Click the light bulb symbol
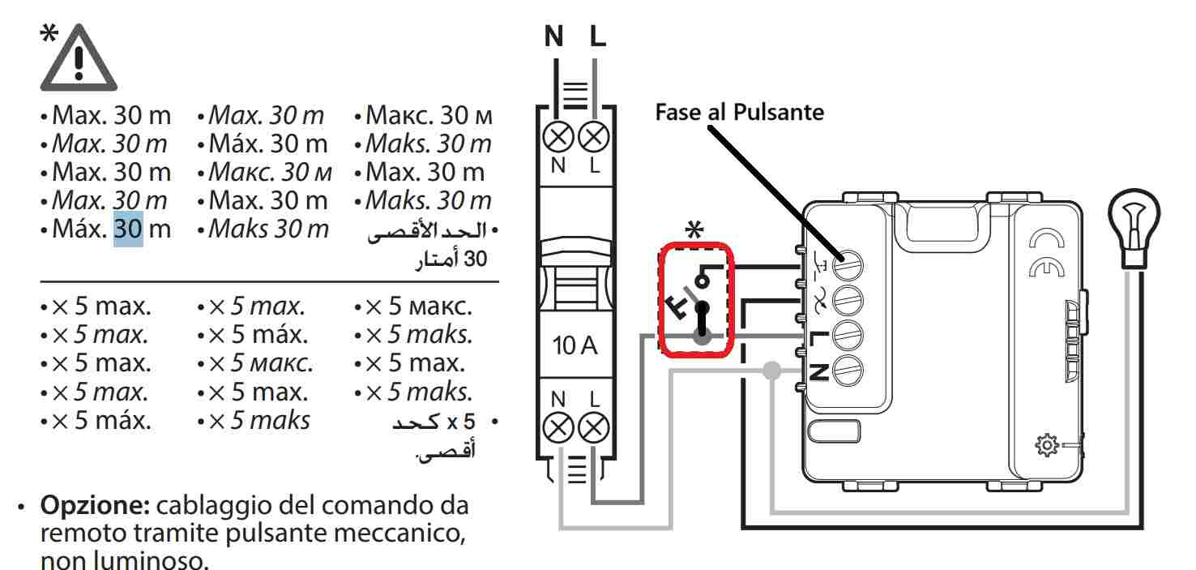tap(1134, 222)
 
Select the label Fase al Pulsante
tap(739, 112)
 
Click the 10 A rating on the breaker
tap(575, 347)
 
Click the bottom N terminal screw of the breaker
tap(556, 426)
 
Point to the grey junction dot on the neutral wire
tap(773, 371)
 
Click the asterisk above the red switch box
tap(694, 230)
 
